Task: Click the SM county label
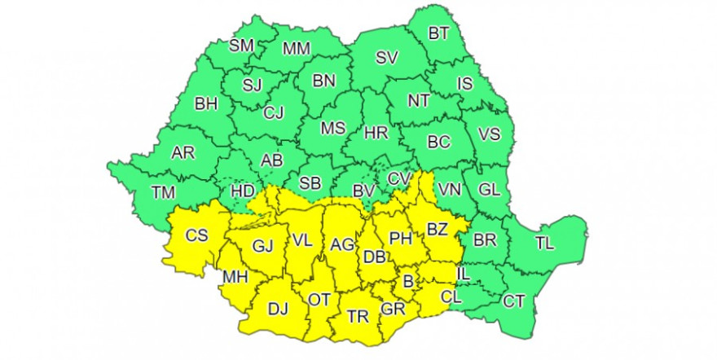point(242,46)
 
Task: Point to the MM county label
point(295,49)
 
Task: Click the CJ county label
point(273,113)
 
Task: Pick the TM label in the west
point(164,193)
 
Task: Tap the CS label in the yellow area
point(196,236)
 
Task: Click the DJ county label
point(279,309)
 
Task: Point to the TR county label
point(357,316)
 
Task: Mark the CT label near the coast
point(513,302)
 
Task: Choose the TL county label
point(544,242)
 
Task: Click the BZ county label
point(437,230)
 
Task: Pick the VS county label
point(488,134)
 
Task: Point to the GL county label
point(488,190)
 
